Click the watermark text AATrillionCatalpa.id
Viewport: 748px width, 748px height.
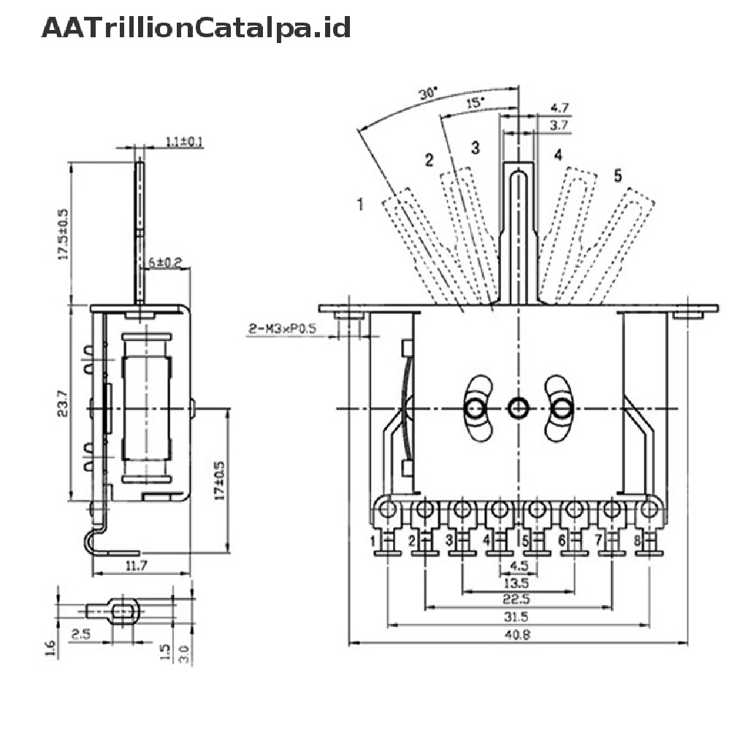196,28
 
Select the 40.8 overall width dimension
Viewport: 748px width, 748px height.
516,635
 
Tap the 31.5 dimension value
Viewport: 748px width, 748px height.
516,617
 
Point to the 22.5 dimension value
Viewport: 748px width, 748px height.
516,599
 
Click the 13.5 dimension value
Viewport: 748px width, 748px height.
516,581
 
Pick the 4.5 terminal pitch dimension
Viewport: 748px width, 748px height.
516,565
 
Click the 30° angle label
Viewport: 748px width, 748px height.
428,94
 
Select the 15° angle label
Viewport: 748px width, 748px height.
475,104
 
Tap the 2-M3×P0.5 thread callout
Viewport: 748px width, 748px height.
281,330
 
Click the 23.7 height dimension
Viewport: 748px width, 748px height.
63,403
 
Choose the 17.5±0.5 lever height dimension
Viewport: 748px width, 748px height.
63,234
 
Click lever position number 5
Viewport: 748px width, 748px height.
617,175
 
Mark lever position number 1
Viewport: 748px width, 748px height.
360,204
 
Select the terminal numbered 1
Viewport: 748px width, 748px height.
373,541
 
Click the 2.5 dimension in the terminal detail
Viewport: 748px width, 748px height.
80,634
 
